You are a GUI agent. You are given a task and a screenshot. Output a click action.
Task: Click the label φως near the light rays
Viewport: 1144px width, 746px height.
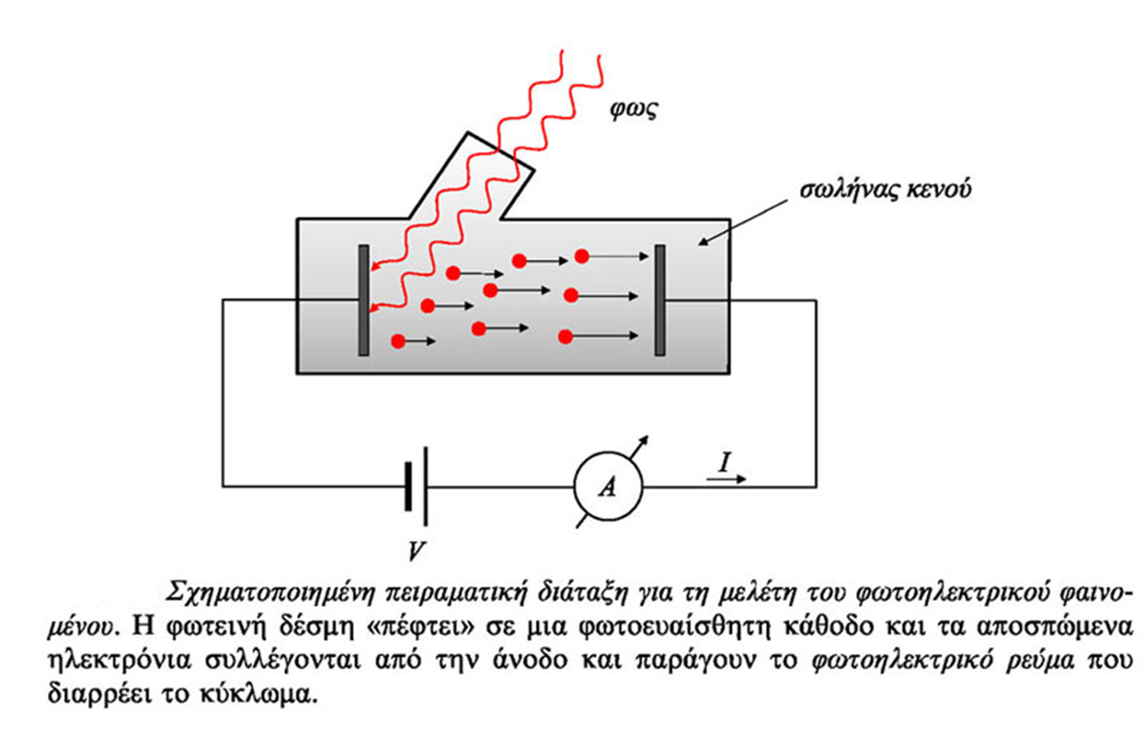click(633, 109)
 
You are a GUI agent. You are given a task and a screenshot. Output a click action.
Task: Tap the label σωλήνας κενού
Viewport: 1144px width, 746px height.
click(885, 189)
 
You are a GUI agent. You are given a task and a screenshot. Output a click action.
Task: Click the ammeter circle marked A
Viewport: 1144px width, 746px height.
click(608, 487)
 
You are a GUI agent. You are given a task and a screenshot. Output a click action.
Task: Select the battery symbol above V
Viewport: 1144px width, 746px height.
click(416, 486)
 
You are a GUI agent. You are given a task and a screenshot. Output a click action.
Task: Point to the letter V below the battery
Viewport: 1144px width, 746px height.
click(416, 550)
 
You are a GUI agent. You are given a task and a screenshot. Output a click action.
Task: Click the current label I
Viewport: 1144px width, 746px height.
click(724, 461)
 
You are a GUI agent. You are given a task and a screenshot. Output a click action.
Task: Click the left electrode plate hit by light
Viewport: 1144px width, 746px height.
click(364, 300)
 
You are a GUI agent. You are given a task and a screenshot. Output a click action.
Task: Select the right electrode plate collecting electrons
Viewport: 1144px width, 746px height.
click(660, 300)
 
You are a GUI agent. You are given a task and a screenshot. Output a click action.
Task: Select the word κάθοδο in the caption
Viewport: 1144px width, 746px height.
click(820, 626)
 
